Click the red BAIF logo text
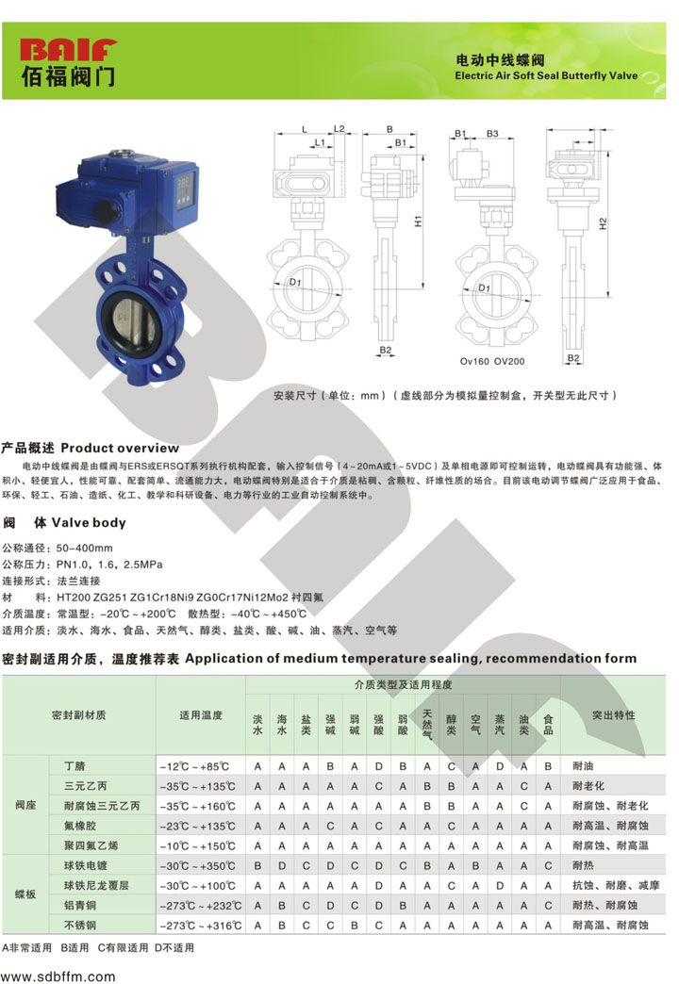tap(69, 50)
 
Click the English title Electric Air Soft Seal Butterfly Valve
tap(546, 76)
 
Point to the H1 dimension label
tap(419, 221)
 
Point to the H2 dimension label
tap(603, 223)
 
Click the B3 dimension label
tap(492, 134)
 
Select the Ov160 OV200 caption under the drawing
tap(492, 362)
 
